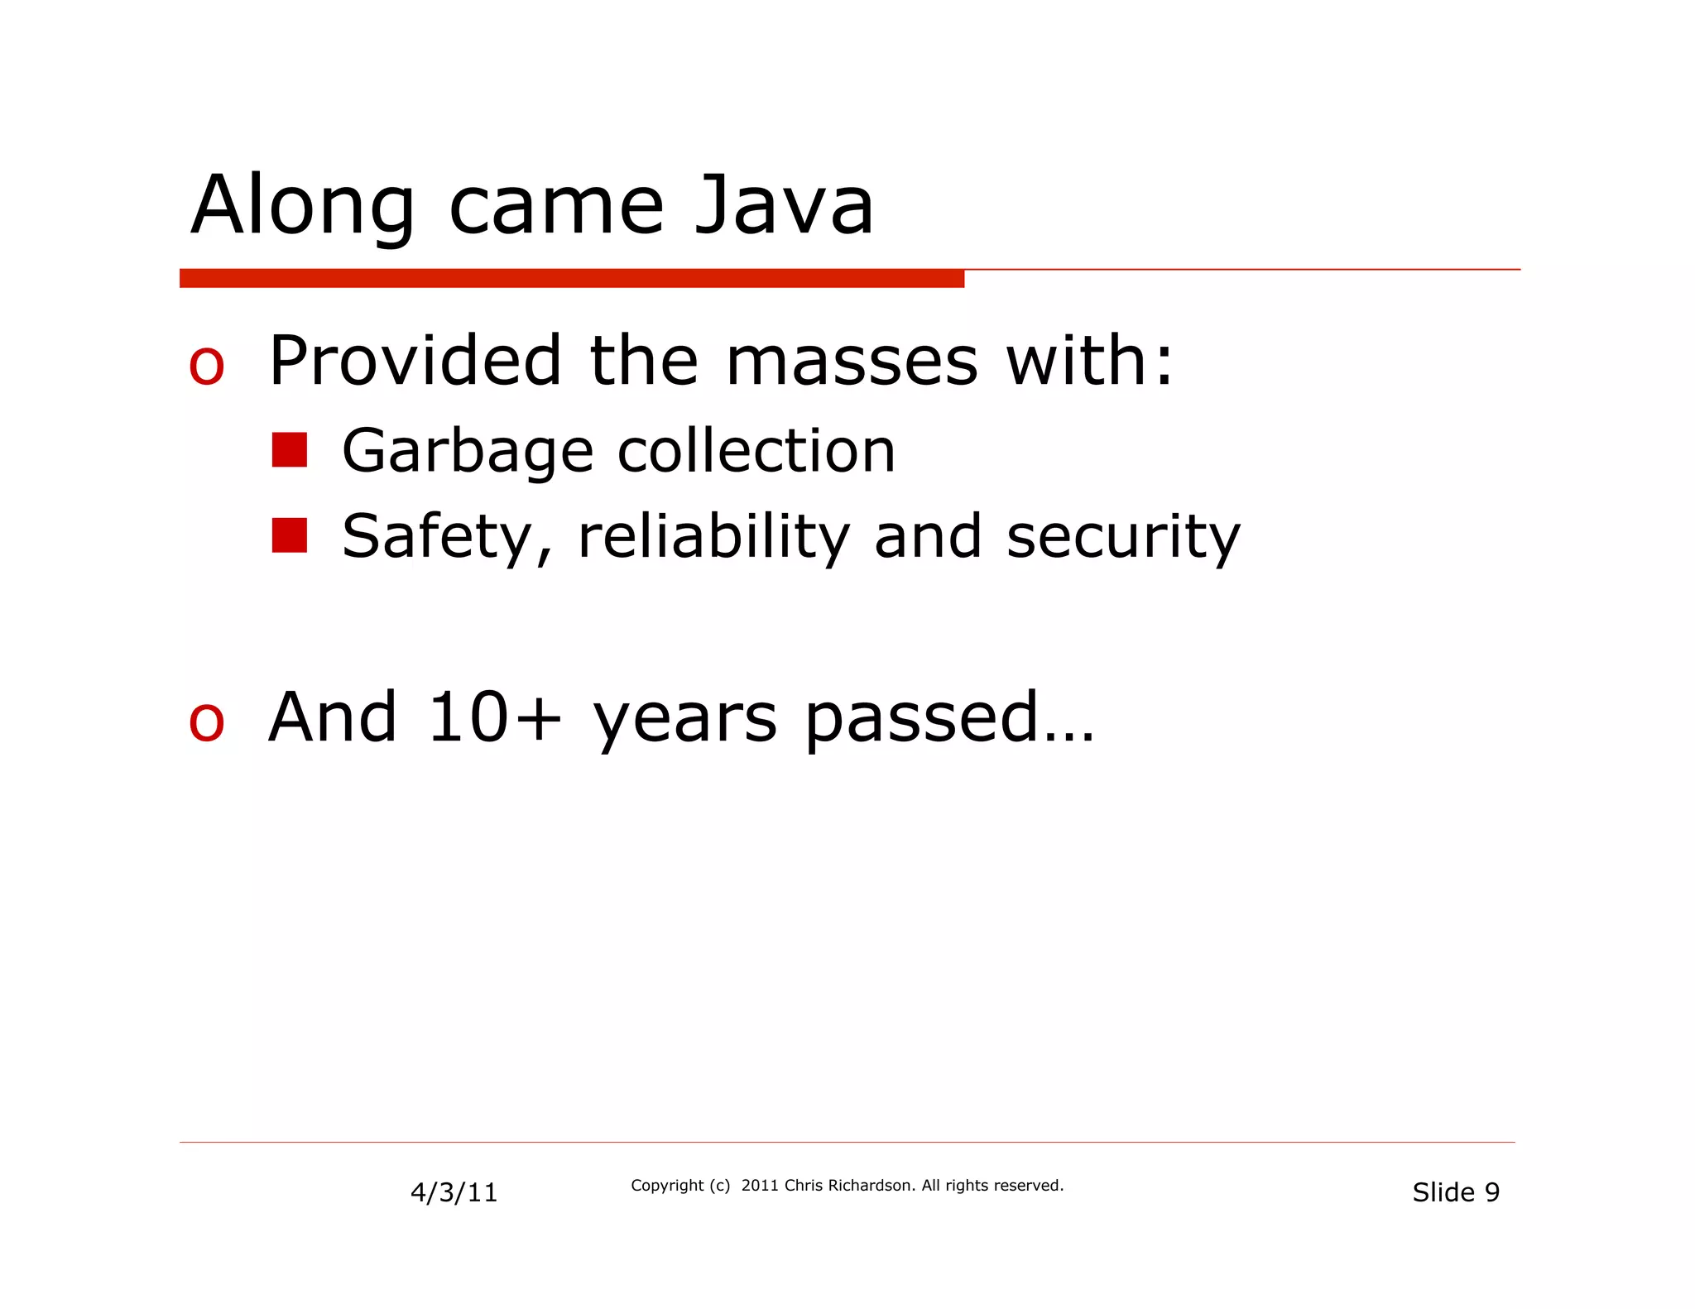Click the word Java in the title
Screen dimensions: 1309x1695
point(783,205)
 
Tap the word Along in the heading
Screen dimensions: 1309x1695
point(302,207)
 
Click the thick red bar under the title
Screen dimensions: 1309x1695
point(571,279)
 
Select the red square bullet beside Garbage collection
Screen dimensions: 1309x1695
point(290,450)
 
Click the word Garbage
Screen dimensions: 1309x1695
point(468,452)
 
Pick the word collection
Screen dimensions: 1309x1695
point(756,451)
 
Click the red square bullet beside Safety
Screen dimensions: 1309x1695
point(290,535)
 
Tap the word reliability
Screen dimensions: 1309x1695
point(713,537)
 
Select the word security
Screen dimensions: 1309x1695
point(1123,538)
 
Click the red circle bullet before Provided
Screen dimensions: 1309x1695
point(206,367)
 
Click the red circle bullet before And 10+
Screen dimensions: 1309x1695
point(206,722)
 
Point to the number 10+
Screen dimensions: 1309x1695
point(494,717)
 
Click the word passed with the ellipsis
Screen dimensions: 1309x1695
point(949,719)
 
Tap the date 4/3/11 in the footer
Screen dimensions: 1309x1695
point(454,1192)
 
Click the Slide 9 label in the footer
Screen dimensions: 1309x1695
point(1455,1192)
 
